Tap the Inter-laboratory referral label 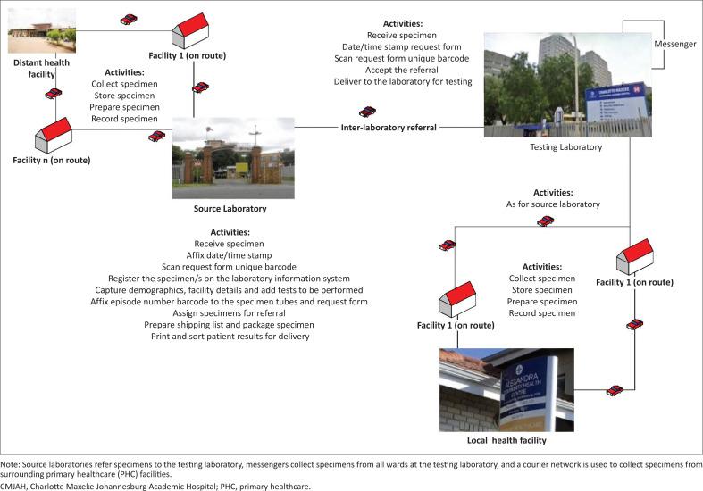point(389,128)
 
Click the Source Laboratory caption point(230,209)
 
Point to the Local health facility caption point(506,441)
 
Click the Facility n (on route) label point(51,161)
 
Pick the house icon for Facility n point(54,137)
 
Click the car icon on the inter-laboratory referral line point(367,112)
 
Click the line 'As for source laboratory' point(553,204)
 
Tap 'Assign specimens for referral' point(230,313)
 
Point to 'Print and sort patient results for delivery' point(230,337)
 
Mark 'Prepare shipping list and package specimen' point(230,325)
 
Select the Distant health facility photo point(42,30)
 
